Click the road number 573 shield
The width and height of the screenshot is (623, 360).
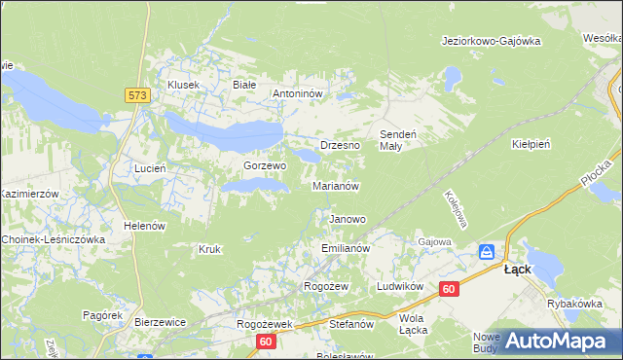pyautogui.click(x=136, y=95)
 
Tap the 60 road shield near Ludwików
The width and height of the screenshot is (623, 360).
pyautogui.click(x=449, y=289)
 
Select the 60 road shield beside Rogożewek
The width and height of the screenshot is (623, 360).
pyautogui.click(x=267, y=342)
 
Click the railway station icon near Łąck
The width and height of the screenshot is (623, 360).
pyautogui.click(x=487, y=253)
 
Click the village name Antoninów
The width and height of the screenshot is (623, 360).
pyautogui.click(x=303, y=93)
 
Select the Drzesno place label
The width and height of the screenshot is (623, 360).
pyautogui.click(x=340, y=145)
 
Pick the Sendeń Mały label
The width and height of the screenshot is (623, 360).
pyautogui.click(x=397, y=139)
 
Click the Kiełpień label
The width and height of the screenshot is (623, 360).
pyautogui.click(x=531, y=144)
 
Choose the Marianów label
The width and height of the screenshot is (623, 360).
pyautogui.click(x=336, y=186)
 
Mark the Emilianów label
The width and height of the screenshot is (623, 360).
pyautogui.click(x=346, y=249)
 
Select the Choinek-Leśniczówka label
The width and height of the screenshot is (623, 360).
pyautogui.click(x=53, y=239)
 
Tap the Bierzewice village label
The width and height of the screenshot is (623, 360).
pyautogui.click(x=160, y=321)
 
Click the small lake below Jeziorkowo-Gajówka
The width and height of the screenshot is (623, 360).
pyautogui.click(x=451, y=75)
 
